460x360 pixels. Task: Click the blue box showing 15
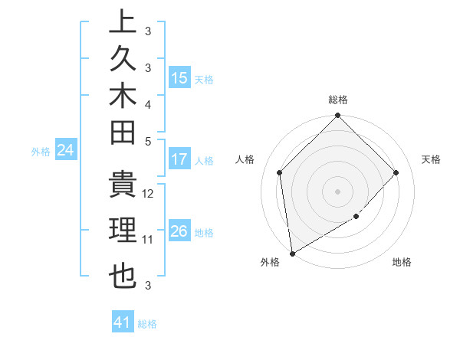pos(179,78)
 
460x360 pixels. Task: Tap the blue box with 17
pos(179,160)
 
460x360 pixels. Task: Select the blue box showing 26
pos(179,231)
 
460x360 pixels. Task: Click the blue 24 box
pos(66,151)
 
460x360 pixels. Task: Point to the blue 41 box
pos(123,322)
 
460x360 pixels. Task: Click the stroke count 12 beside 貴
pos(149,194)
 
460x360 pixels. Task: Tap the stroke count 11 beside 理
pos(149,239)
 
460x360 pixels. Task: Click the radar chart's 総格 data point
pos(337,117)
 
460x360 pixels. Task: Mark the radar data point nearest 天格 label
pos(396,172)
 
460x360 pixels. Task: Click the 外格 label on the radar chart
pos(270,262)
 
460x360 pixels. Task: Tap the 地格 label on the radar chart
pos(402,262)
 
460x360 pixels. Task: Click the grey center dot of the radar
pos(337,191)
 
